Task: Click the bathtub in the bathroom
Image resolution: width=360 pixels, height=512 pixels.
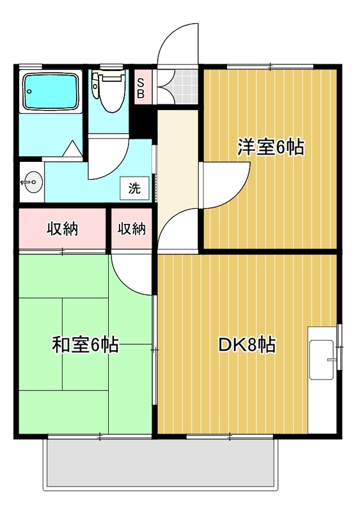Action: tap(51, 91)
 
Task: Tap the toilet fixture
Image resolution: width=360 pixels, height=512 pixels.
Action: tap(109, 90)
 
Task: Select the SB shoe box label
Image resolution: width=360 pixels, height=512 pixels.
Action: tap(141, 88)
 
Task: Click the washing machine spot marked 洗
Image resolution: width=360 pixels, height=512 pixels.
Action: tap(134, 188)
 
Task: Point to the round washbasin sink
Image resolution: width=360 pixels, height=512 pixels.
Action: tap(32, 182)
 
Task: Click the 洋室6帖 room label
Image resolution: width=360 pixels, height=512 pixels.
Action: tap(270, 148)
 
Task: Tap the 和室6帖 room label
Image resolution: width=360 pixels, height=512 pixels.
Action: tap(85, 344)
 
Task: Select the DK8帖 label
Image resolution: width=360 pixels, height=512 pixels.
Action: tap(247, 345)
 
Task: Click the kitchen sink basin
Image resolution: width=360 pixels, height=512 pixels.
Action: tap(322, 360)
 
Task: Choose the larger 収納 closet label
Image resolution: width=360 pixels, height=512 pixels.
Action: tap(62, 229)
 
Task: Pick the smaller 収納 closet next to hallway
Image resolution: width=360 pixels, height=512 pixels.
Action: tap(132, 229)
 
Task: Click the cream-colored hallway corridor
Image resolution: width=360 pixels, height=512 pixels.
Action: tap(178, 163)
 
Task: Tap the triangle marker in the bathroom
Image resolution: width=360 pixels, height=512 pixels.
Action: tap(71, 149)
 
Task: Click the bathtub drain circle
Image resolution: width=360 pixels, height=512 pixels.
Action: tap(30, 92)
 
